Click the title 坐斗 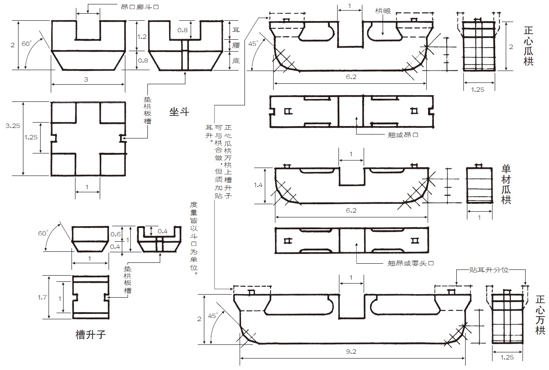[179, 112]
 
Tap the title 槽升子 [90, 334]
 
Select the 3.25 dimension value [13, 126]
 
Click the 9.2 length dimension [351, 351]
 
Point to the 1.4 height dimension [258, 185]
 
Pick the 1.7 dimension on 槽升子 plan [42, 297]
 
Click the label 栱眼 [383, 11]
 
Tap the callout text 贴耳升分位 [489, 269]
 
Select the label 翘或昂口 [403, 135]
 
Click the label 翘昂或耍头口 [410, 263]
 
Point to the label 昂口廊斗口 [140, 7]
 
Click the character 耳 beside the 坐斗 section [236, 30]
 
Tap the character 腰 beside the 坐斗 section [236, 45]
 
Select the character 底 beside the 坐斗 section [236, 60]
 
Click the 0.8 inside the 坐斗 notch [182, 30]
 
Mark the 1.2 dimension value [142, 37]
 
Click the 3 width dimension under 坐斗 [86, 79]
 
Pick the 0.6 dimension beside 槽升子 [116, 234]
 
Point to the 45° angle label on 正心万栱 [213, 316]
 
